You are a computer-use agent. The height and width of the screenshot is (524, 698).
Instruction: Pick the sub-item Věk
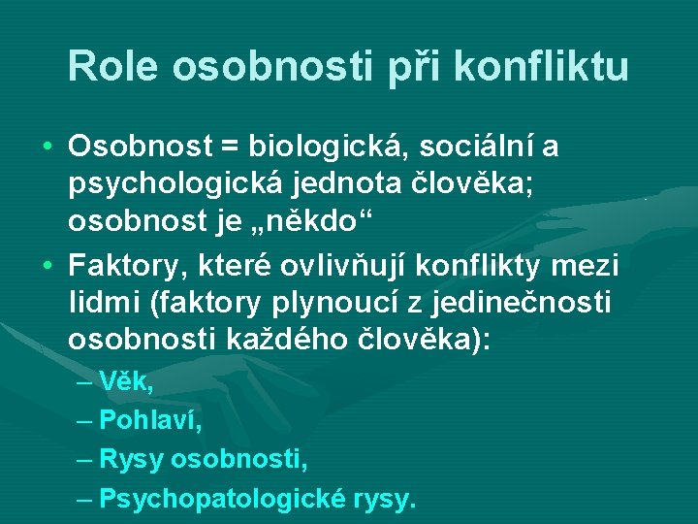(x=126, y=381)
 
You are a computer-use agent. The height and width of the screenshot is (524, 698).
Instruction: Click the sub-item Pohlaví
(x=150, y=420)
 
